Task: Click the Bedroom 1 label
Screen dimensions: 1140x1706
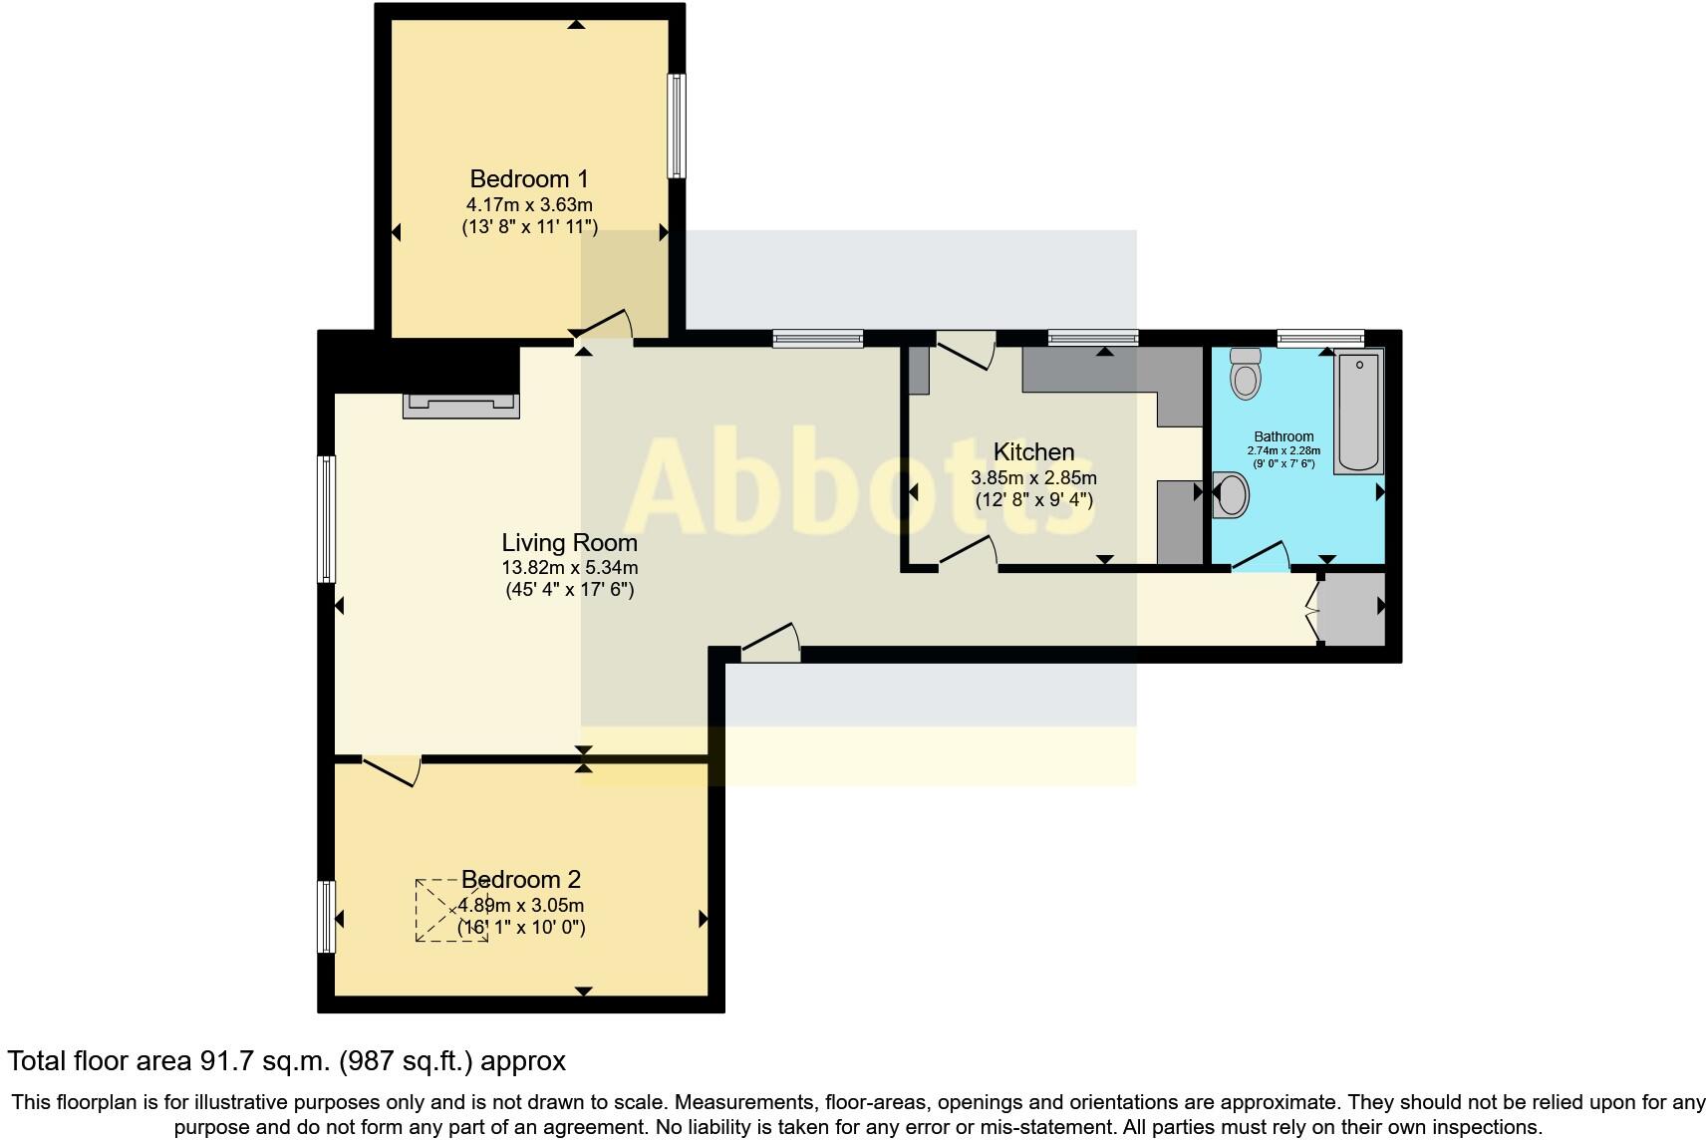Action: point(529,179)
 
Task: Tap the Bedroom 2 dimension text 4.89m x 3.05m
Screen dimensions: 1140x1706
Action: point(521,906)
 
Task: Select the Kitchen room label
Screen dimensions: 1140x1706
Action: point(1033,452)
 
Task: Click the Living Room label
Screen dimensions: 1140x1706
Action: point(569,543)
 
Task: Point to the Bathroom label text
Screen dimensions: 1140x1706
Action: point(1283,436)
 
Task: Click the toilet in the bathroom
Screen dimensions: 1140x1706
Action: point(1245,374)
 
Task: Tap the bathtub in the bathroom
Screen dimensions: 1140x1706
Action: point(1358,412)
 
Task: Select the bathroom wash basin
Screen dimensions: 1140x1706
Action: point(1232,495)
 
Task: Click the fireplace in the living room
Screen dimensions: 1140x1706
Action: point(459,404)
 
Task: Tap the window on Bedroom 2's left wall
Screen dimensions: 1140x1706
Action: point(326,916)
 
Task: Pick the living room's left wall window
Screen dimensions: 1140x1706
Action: point(326,518)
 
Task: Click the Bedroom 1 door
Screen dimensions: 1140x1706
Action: point(608,328)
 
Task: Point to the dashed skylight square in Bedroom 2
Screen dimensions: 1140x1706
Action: point(451,910)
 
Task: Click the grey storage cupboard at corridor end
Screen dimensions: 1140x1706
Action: point(1351,609)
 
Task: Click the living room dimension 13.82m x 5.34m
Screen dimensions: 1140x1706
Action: point(569,568)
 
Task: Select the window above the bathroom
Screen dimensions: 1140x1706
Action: point(1320,339)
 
